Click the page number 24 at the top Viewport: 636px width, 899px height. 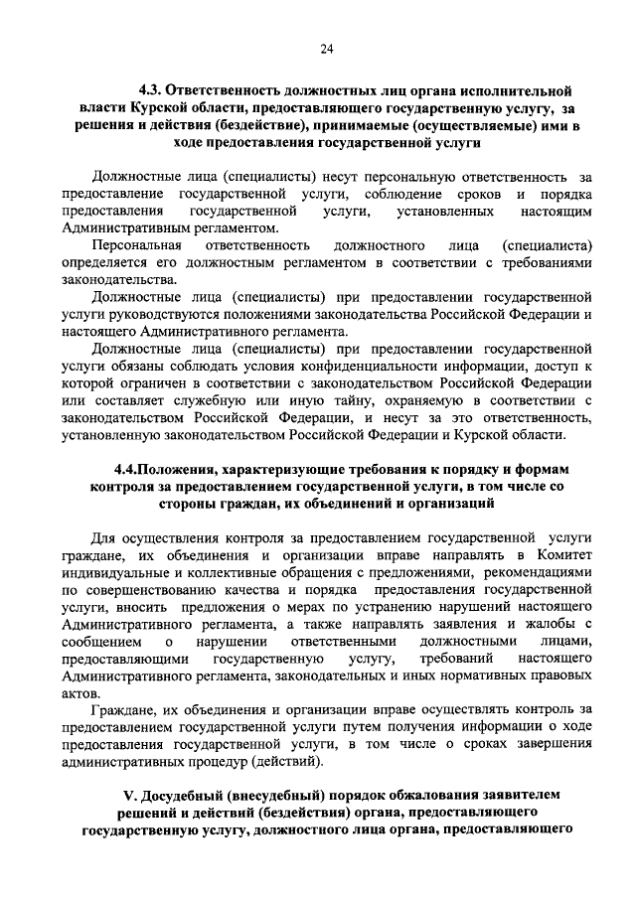(327, 49)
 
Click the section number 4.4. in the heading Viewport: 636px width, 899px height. (131, 468)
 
